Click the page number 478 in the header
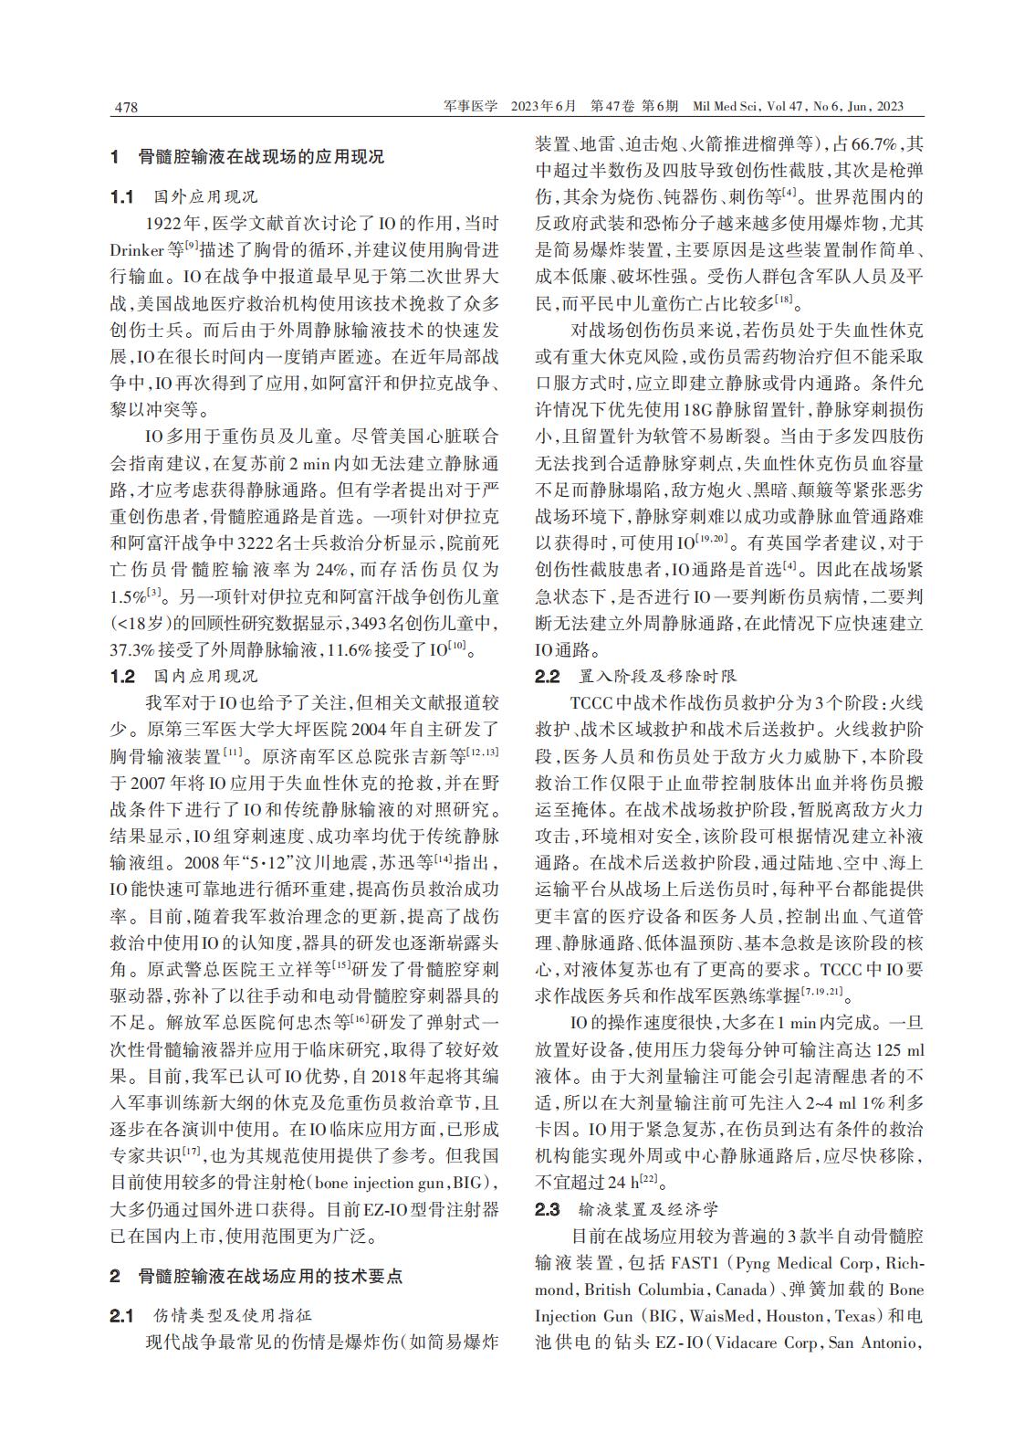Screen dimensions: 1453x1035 [x=124, y=108]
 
